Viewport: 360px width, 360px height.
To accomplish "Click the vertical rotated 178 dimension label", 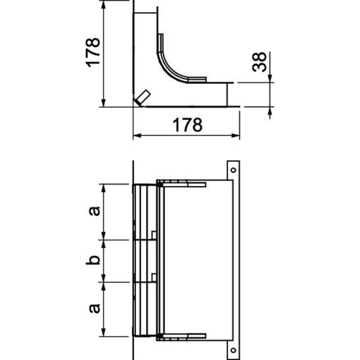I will pyautogui.click(x=93, y=52).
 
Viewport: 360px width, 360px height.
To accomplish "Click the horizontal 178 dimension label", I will pyautogui.click(x=187, y=125).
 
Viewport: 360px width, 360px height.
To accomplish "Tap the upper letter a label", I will pyautogui.click(x=94, y=211).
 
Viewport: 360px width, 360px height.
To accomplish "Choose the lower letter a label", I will pyautogui.click(x=94, y=309).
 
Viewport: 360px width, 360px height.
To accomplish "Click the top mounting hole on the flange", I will pyautogui.click(x=233, y=170).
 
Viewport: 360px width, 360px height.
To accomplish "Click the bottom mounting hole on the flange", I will pyautogui.click(x=233, y=350).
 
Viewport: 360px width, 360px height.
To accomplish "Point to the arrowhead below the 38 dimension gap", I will pyautogui.click(x=270, y=110).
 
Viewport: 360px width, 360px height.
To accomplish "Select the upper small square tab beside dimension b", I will pyautogui.click(x=154, y=235).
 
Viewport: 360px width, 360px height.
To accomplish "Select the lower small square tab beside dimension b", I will pyautogui.click(x=154, y=277).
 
